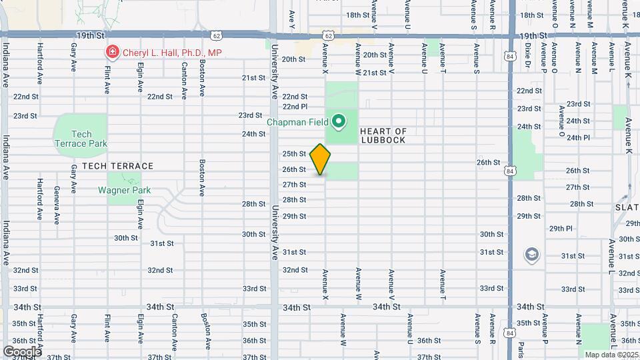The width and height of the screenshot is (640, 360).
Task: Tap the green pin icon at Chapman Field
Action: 339,121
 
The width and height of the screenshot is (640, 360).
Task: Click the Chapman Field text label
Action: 299,122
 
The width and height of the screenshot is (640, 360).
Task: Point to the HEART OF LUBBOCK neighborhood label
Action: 383,135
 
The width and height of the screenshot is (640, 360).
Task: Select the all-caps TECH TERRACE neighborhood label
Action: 117,166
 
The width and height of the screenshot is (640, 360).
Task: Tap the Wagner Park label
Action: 124,190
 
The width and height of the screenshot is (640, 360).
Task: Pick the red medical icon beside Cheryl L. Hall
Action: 112,52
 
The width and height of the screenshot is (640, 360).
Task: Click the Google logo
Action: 21,351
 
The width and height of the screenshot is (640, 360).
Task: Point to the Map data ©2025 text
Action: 611,355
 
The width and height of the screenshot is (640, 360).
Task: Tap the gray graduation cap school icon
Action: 531,254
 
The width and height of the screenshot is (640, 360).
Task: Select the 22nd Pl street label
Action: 295,107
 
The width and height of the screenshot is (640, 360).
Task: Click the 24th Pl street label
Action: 578,138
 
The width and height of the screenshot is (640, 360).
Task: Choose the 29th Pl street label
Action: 561,229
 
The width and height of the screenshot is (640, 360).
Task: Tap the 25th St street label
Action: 294,154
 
